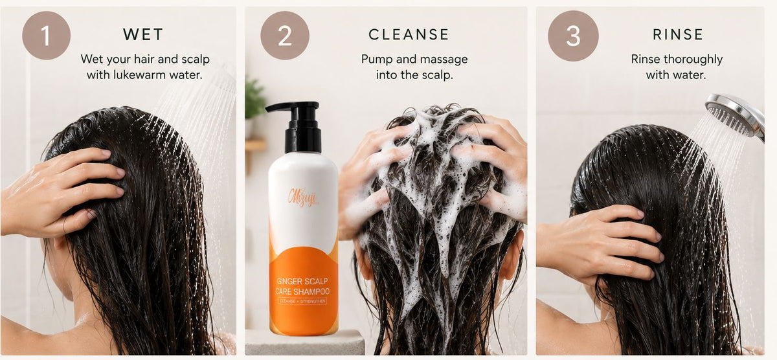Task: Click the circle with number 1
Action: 46,36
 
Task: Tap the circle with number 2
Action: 285,36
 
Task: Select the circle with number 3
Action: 573,36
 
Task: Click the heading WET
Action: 143,34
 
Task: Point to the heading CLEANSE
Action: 409,34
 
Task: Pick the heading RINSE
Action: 678,34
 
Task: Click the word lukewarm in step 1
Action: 139,75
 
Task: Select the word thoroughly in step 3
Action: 693,60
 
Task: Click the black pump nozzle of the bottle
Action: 293,106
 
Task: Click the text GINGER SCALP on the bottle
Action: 302,281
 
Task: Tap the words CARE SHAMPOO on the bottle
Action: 302,291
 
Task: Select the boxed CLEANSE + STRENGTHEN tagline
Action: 302,301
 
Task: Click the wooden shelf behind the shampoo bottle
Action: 255,144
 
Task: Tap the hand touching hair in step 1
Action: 62,192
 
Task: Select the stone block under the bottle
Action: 305,343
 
